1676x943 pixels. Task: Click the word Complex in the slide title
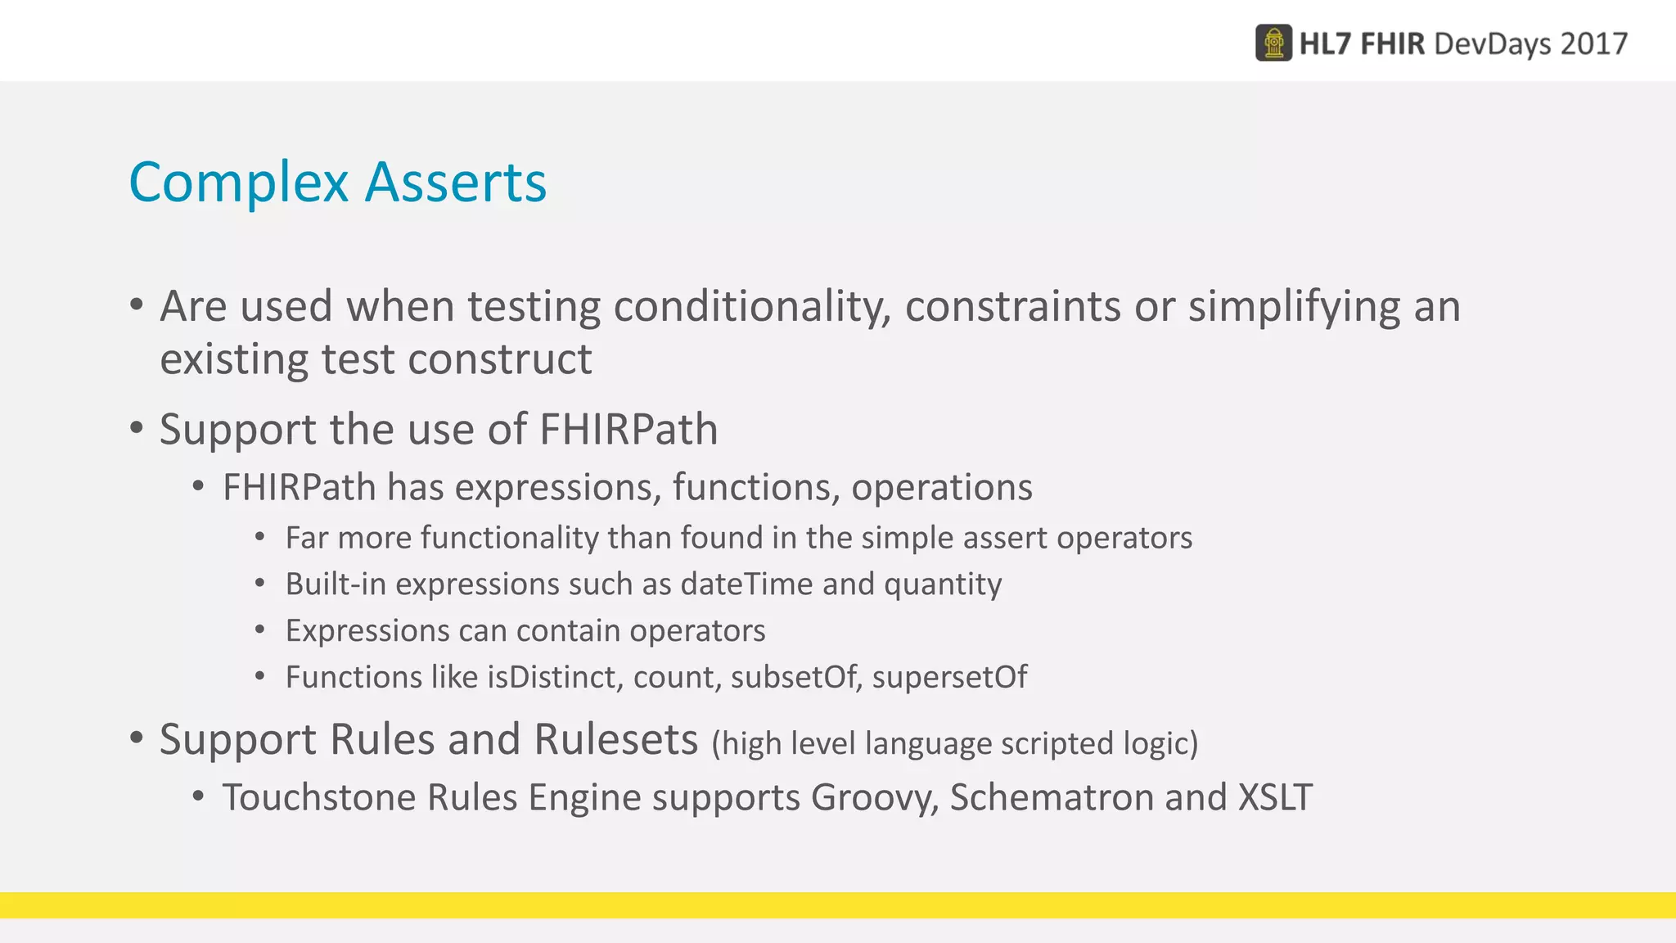click(x=238, y=183)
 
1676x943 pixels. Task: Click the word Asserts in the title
click(x=456, y=182)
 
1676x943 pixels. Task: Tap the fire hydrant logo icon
click(x=1273, y=43)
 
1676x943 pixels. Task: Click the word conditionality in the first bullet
click(x=752, y=307)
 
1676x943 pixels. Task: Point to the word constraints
click(x=1012, y=307)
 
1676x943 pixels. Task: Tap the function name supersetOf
click(x=949, y=678)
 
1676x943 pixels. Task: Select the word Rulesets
click(x=615, y=739)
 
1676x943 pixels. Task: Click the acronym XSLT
click(x=1274, y=797)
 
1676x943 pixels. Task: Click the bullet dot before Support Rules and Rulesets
click(x=137, y=738)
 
